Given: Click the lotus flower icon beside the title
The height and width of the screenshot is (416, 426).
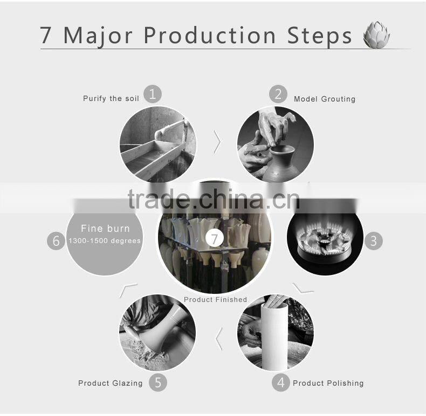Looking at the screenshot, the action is click(376, 35).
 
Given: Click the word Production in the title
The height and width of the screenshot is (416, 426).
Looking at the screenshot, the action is click(209, 36).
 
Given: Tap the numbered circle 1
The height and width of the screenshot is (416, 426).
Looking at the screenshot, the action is click(153, 94).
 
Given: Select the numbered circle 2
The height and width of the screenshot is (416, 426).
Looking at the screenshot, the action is click(278, 94).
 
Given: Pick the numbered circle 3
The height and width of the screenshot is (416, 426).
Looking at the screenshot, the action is click(374, 240).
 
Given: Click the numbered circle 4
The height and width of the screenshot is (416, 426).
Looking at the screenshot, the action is click(280, 383).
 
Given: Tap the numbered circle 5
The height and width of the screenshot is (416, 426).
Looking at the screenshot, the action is click(158, 383).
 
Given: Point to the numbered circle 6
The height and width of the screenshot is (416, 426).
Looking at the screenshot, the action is click(56, 240).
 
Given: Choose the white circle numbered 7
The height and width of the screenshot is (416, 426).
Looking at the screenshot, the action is click(215, 239).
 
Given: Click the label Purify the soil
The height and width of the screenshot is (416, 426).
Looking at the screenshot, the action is click(111, 98).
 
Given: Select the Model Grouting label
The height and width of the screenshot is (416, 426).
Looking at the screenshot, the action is click(325, 99).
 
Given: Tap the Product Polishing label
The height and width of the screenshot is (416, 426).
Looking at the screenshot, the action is click(328, 384).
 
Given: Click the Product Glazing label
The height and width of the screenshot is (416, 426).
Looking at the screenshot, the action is click(111, 384).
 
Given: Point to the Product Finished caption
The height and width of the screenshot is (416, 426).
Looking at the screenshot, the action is click(216, 299).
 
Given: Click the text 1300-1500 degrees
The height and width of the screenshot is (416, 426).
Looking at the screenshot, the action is click(105, 240).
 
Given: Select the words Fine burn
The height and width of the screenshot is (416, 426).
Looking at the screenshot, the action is click(105, 229).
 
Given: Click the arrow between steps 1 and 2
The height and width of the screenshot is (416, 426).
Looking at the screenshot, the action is click(217, 142).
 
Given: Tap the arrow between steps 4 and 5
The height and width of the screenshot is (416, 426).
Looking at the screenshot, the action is click(219, 339).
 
